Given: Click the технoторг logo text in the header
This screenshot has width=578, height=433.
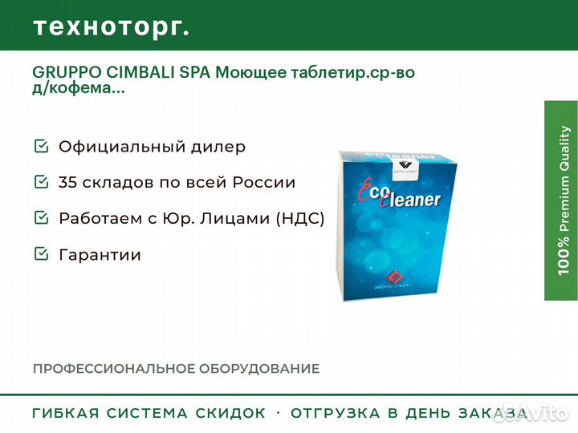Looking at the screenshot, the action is [x=112, y=27].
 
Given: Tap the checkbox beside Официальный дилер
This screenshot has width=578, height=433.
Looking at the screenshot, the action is [x=41, y=146].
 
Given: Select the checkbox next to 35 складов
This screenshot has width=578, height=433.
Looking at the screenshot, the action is [x=41, y=181].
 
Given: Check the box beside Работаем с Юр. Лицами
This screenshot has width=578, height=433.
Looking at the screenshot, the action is [x=41, y=217].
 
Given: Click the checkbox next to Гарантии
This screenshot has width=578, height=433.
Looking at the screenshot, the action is [x=41, y=253].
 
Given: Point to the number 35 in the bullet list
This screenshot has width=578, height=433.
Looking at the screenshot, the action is [x=67, y=182].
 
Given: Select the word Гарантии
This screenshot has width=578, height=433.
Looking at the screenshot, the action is [x=100, y=255].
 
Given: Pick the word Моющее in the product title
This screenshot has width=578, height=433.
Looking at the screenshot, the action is [x=250, y=72].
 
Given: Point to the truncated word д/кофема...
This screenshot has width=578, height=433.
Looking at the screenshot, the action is [x=79, y=88].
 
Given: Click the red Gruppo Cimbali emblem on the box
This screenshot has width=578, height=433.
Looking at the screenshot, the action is [x=394, y=276].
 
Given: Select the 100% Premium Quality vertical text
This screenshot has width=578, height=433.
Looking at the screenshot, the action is [x=564, y=200].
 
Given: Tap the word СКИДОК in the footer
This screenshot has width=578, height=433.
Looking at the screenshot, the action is [x=230, y=413].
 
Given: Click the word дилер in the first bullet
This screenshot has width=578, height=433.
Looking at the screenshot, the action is [x=218, y=148].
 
